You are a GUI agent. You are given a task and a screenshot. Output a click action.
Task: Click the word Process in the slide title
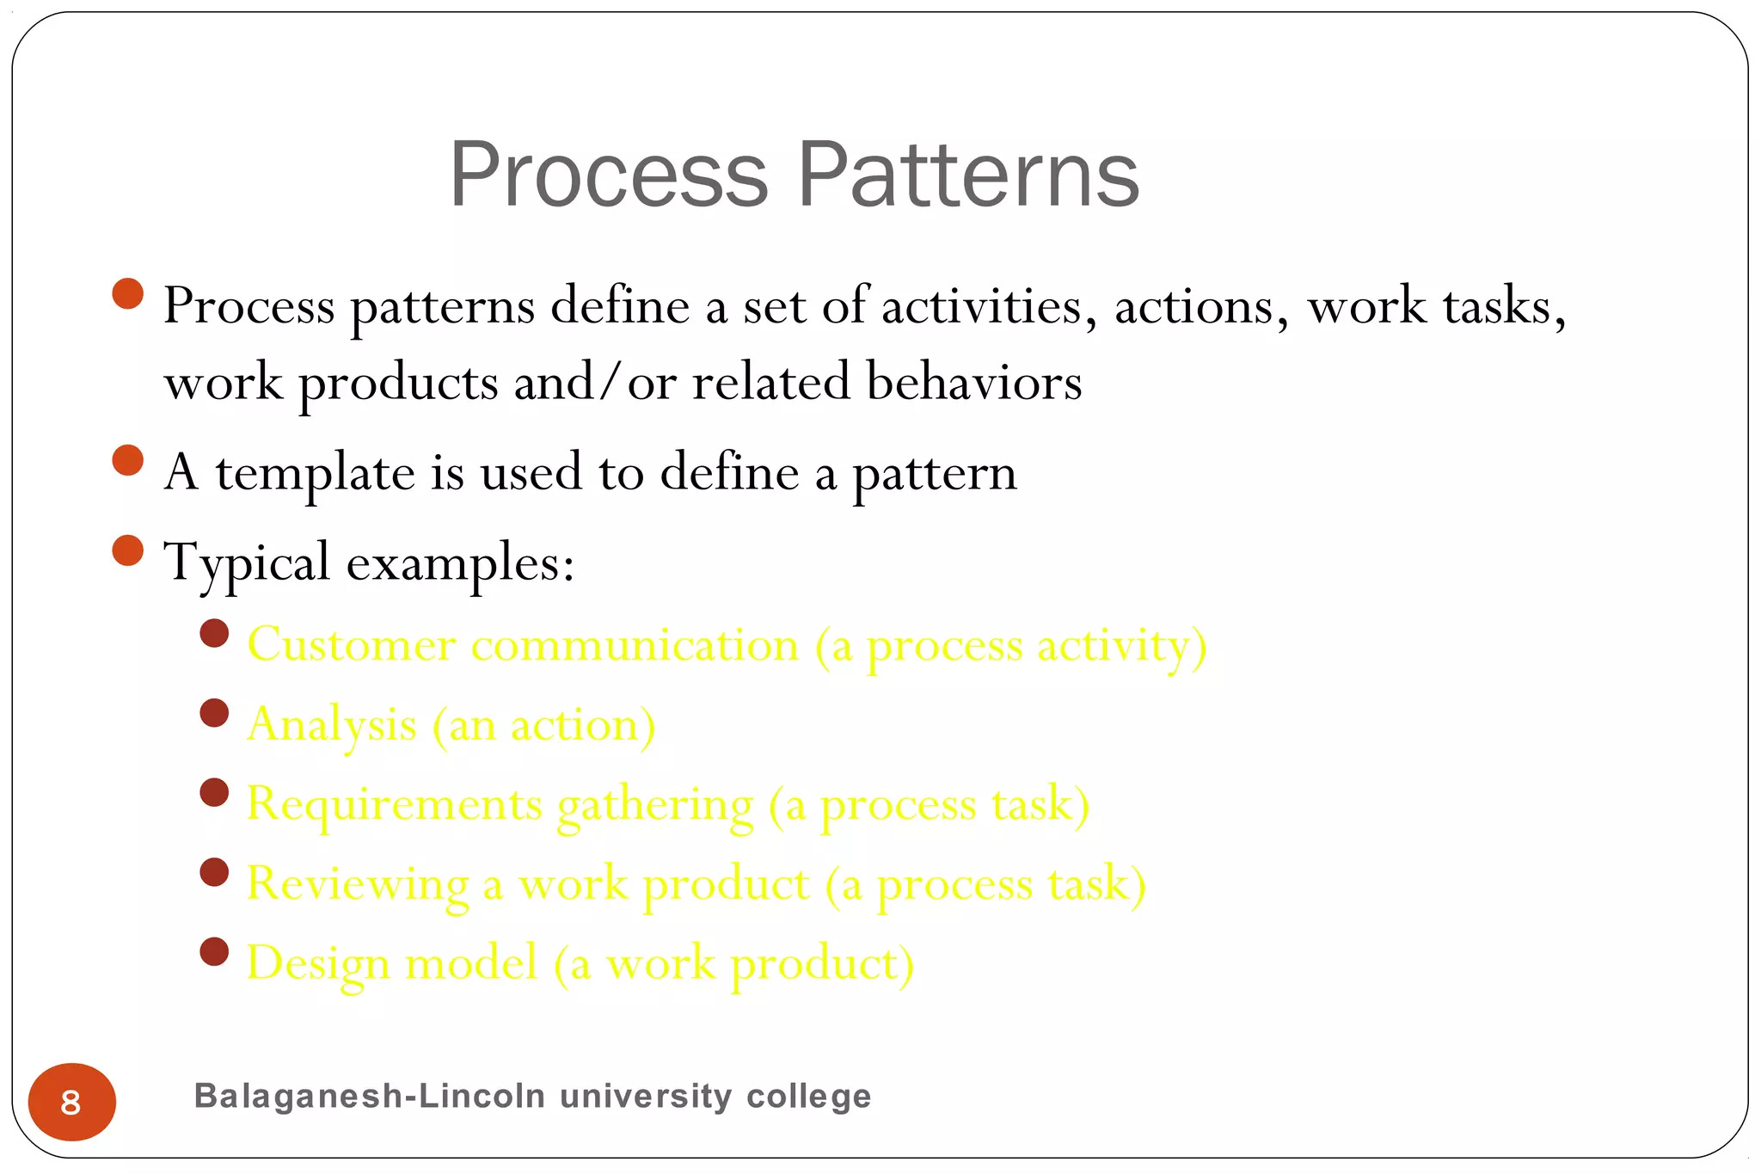(608, 176)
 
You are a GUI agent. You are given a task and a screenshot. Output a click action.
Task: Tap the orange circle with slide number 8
(71, 1102)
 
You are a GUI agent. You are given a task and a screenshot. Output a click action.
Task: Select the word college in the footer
(808, 1097)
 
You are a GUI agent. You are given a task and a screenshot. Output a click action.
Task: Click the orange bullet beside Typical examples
(127, 550)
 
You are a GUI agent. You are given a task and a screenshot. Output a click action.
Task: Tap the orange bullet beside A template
(127, 460)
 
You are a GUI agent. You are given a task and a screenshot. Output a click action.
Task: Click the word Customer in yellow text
(351, 645)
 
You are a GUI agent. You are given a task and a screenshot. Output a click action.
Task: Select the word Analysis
(331, 725)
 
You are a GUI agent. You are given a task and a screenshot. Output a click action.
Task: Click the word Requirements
(394, 804)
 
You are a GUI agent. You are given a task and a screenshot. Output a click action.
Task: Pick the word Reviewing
(357, 884)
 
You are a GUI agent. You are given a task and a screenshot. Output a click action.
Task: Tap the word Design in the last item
(317, 963)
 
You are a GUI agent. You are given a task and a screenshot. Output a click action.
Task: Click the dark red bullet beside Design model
(214, 951)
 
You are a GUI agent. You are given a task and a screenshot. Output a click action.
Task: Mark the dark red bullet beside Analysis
(214, 713)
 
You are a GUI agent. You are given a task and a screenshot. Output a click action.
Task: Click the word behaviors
(973, 382)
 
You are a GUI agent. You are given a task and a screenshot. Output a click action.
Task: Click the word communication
(635, 645)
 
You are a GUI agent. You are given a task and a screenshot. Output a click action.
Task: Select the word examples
(459, 564)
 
